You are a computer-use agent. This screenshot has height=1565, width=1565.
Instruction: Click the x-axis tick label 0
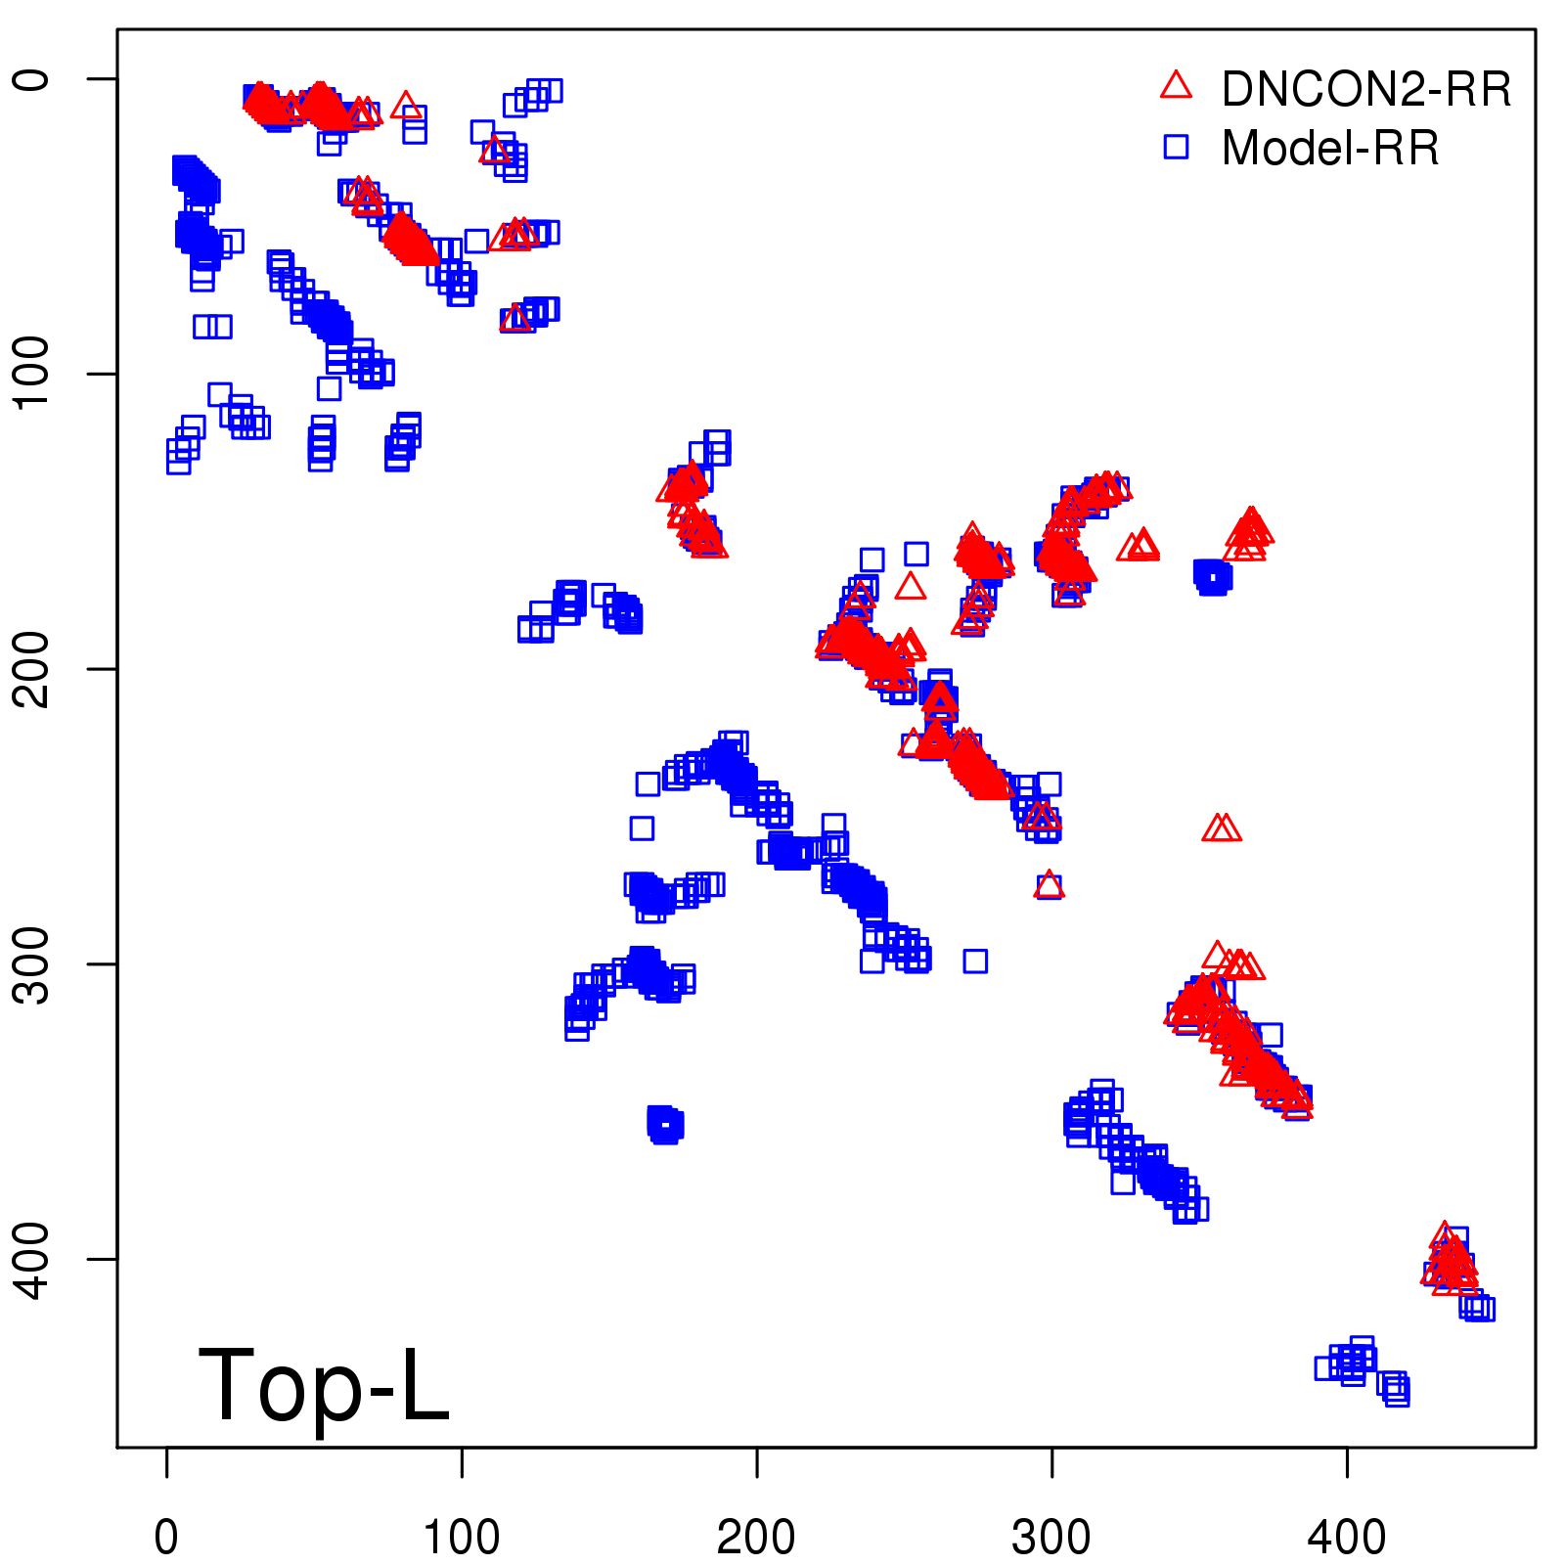click(x=166, y=1538)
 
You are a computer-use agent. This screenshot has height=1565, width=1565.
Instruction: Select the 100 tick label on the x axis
click(x=461, y=1538)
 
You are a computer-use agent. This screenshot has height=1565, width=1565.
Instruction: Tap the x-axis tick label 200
click(x=756, y=1538)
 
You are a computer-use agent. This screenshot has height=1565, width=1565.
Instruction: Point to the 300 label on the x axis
click(x=1051, y=1538)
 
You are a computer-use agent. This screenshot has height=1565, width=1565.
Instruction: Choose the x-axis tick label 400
click(x=1347, y=1538)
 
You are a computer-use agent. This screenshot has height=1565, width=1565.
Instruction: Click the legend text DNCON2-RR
click(x=1366, y=89)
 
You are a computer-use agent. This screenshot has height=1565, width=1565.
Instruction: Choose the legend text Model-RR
click(x=1330, y=149)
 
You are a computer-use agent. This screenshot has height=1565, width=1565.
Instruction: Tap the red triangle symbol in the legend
click(x=1176, y=86)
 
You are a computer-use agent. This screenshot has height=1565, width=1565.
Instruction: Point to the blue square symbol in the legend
click(x=1176, y=147)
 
